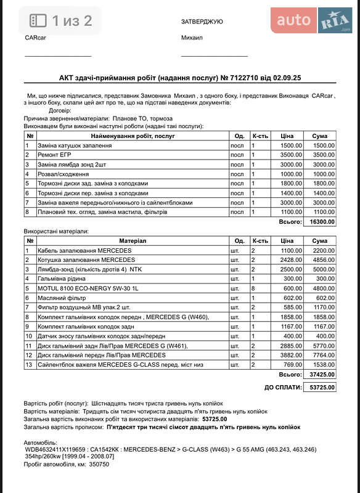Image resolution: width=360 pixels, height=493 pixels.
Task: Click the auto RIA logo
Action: (x=311, y=21)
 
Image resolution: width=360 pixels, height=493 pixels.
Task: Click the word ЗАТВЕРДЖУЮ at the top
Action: (x=202, y=22)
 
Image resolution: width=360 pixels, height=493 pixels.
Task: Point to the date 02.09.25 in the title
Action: (x=287, y=78)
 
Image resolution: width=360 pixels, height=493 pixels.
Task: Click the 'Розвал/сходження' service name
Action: (x=63, y=174)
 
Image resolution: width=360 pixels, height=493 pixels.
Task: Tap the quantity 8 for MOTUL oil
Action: (x=253, y=288)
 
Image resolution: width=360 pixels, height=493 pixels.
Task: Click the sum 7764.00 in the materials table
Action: (x=323, y=355)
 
